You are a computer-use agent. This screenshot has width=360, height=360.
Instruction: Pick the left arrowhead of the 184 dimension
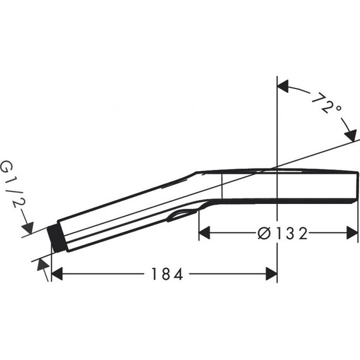(x=57, y=273)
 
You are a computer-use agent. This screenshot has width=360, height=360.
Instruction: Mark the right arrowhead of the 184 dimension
(x=271, y=273)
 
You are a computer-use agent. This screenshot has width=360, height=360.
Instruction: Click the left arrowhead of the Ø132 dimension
(x=205, y=234)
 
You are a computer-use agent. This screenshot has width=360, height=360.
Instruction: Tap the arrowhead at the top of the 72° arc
(x=284, y=85)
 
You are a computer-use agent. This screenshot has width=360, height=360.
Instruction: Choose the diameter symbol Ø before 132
(x=264, y=234)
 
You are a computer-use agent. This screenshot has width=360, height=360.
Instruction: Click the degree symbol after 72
(x=339, y=108)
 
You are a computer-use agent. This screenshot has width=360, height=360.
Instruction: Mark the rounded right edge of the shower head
(x=356, y=185)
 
